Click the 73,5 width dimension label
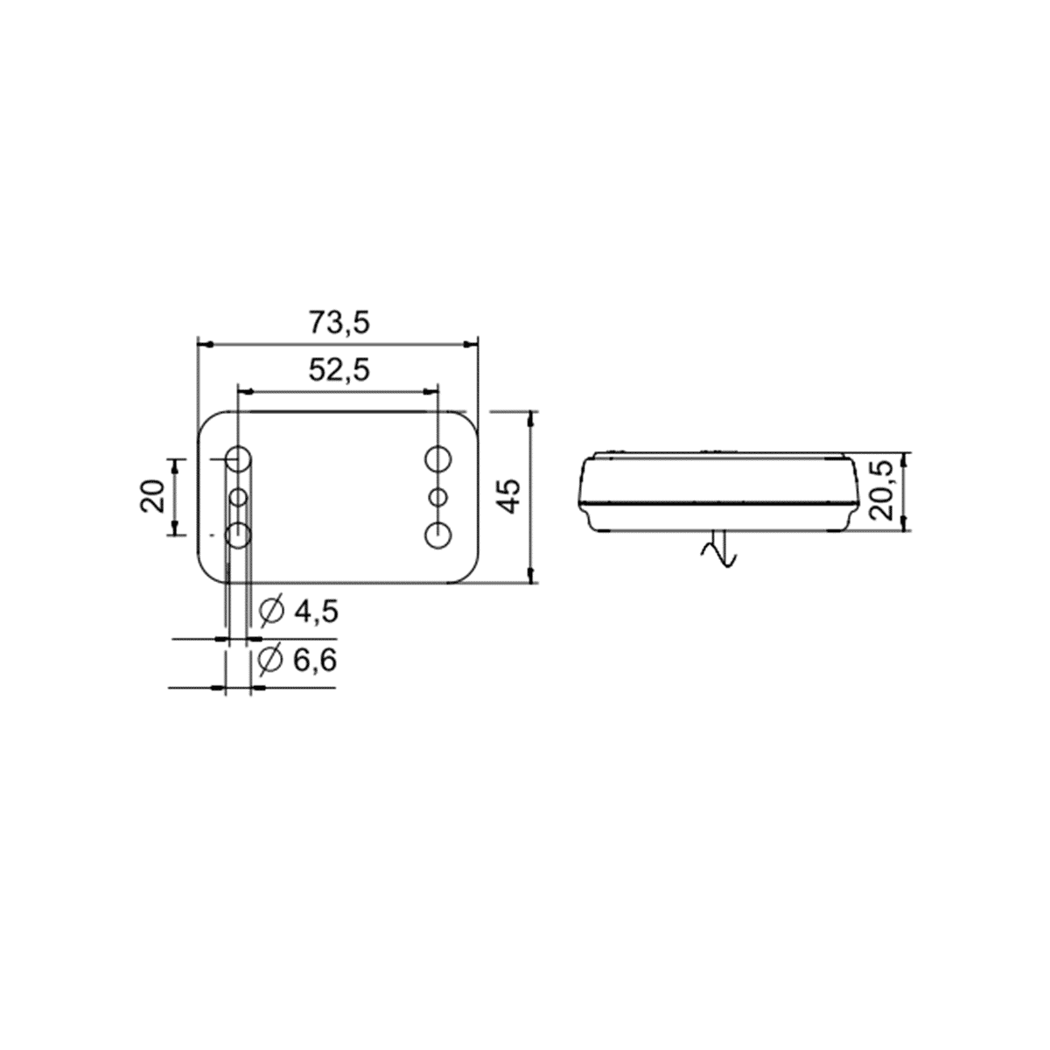click(339, 322)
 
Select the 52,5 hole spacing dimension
click(339, 369)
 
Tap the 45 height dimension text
click(510, 496)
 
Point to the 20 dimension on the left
click(153, 496)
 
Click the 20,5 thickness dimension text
click(881, 490)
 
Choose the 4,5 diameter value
click(316, 612)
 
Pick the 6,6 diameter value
click(315, 661)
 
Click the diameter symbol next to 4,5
click(272, 612)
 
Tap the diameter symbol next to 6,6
click(270, 661)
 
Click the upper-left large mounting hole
click(239, 459)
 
